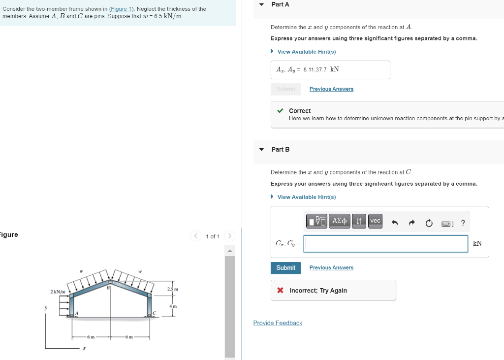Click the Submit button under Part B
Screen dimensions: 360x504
(x=285, y=268)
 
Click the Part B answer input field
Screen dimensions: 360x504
(x=385, y=244)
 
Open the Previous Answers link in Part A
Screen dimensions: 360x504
(x=331, y=89)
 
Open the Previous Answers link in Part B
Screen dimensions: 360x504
(x=331, y=268)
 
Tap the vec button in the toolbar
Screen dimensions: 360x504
(x=375, y=221)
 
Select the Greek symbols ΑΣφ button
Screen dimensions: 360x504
(x=340, y=221)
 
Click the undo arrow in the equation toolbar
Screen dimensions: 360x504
(x=394, y=223)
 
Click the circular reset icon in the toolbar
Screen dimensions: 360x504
(x=429, y=223)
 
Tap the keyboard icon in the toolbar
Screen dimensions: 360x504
(x=446, y=224)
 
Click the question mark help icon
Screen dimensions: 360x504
(x=463, y=223)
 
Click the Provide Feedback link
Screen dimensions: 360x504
(x=278, y=323)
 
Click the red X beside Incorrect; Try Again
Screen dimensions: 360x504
(x=280, y=291)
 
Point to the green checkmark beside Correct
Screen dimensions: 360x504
(x=280, y=111)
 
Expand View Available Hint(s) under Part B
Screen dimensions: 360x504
(x=306, y=197)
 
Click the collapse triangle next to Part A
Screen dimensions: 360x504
(x=261, y=4)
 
